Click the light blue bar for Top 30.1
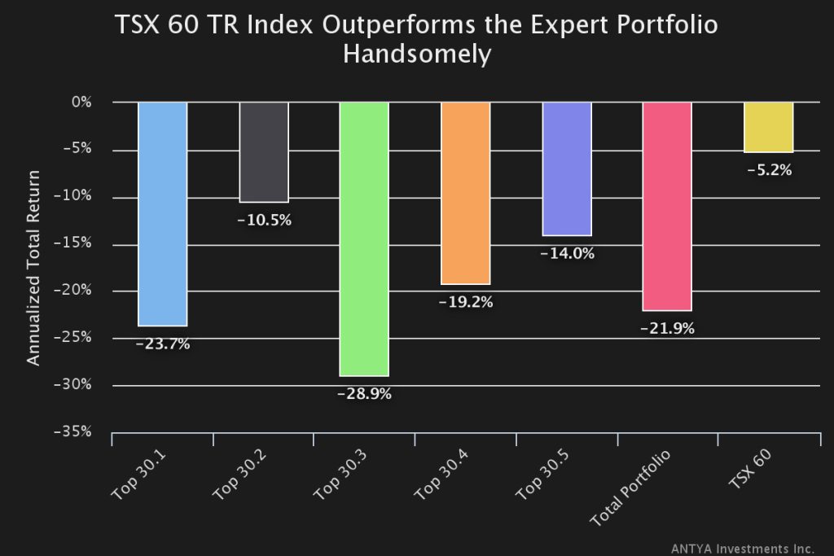coord(163,213)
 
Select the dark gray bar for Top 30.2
coord(264,151)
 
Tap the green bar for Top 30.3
coord(364,239)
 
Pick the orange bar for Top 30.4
coord(465,193)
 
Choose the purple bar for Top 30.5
coord(567,169)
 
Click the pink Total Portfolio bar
coord(667,206)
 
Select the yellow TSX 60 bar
coord(768,127)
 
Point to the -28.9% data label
coord(364,394)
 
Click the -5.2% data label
coord(768,171)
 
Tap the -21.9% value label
coord(667,329)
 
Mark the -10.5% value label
coord(264,221)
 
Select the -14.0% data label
coord(567,253)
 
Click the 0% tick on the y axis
coord(80,103)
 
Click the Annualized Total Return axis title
coord(33,268)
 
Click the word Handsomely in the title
coord(417,54)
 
